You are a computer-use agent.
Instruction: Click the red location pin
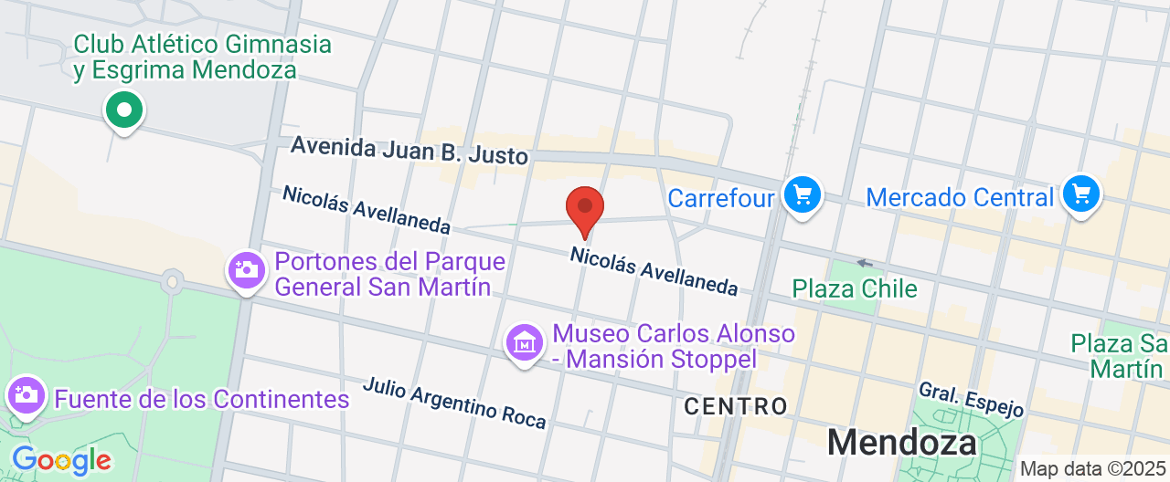[x=585, y=209]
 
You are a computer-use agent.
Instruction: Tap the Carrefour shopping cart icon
[x=803, y=194]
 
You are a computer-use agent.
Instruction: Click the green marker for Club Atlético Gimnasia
[x=124, y=110]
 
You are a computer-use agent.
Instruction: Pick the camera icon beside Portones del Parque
[x=246, y=270]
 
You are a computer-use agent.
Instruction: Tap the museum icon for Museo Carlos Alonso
[x=524, y=343]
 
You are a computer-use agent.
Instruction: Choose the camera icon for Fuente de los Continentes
[x=26, y=395]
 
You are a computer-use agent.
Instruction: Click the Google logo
[x=61, y=460]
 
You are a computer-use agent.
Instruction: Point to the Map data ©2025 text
[x=1093, y=469]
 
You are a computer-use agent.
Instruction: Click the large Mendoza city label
[x=900, y=443]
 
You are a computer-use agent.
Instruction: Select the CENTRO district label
[x=735, y=405]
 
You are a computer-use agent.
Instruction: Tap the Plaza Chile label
[x=855, y=288]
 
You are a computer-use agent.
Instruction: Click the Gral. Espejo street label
[x=971, y=399]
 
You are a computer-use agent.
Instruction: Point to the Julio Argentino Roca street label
[x=454, y=403]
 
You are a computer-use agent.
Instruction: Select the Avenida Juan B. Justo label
[x=409, y=151]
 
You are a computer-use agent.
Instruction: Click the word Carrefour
[x=721, y=198]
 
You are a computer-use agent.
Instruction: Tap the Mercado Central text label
[x=960, y=197]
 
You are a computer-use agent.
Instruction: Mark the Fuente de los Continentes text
[x=202, y=399]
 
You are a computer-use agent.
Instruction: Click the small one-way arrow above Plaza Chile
[x=864, y=263]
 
